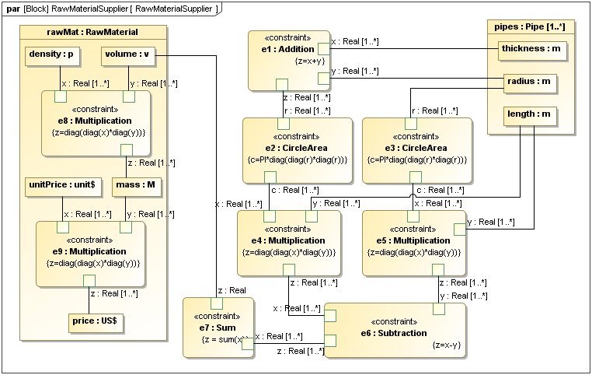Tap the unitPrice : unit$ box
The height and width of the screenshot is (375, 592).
click(x=57, y=185)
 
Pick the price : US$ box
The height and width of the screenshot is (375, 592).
click(x=98, y=320)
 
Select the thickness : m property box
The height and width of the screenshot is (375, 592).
click(x=531, y=49)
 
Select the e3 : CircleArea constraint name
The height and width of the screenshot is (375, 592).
click(x=417, y=148)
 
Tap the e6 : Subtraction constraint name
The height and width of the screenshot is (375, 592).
click(x=394, y=333)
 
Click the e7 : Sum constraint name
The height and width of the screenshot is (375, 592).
click(x=218, y=328)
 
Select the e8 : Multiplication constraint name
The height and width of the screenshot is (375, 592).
click(x=95, y=121)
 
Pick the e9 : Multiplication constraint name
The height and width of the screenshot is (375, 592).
click(x=89, y=251)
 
